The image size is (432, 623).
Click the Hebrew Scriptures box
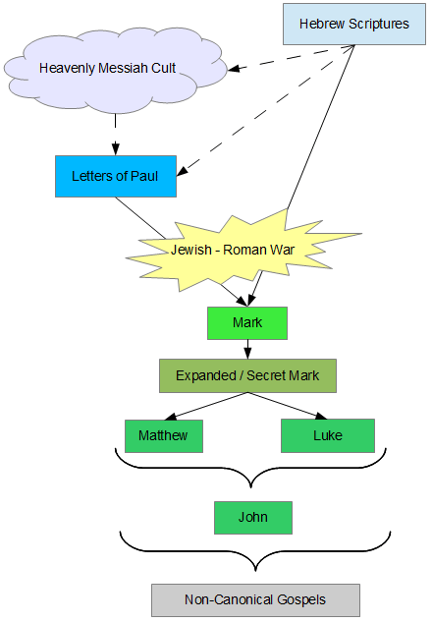point(354,24)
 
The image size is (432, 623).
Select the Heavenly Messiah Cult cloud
point(115,70)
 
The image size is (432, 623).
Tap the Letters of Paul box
point(116,176)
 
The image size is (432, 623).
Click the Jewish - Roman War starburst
point(239,251)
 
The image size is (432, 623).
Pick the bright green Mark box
point(247,322)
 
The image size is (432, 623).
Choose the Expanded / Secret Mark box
point(247,375)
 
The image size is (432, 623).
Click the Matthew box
point(164,435)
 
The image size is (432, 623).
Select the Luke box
point(328,435)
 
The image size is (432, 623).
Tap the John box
point(253,517)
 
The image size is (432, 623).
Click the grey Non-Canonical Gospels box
point(255,600)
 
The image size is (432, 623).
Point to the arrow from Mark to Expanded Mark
point(247,349)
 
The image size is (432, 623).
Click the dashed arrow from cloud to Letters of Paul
point(115,135)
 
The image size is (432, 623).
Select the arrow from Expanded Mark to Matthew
point(206,406)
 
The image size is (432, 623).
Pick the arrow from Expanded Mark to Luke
point(288,406)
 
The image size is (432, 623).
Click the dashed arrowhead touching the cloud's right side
point(234,69)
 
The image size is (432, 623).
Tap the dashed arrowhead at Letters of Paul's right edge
point(183,170)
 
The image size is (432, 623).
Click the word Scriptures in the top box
point(379,25)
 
